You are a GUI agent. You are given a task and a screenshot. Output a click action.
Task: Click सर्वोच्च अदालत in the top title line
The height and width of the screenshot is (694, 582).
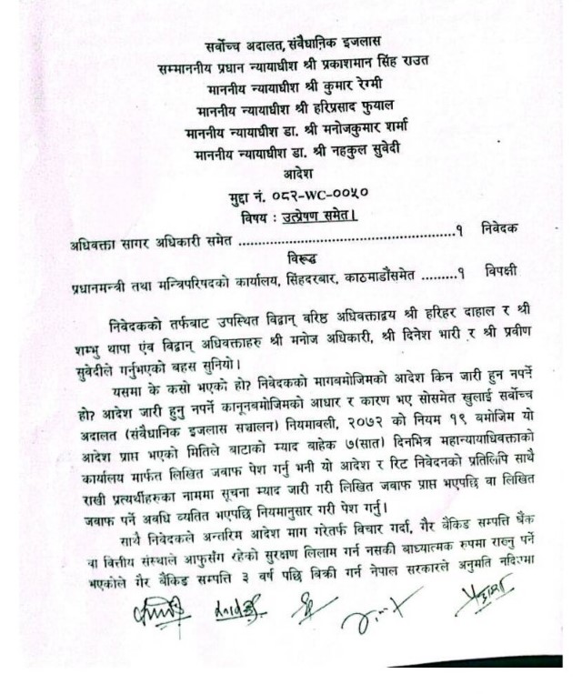(239, 44)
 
